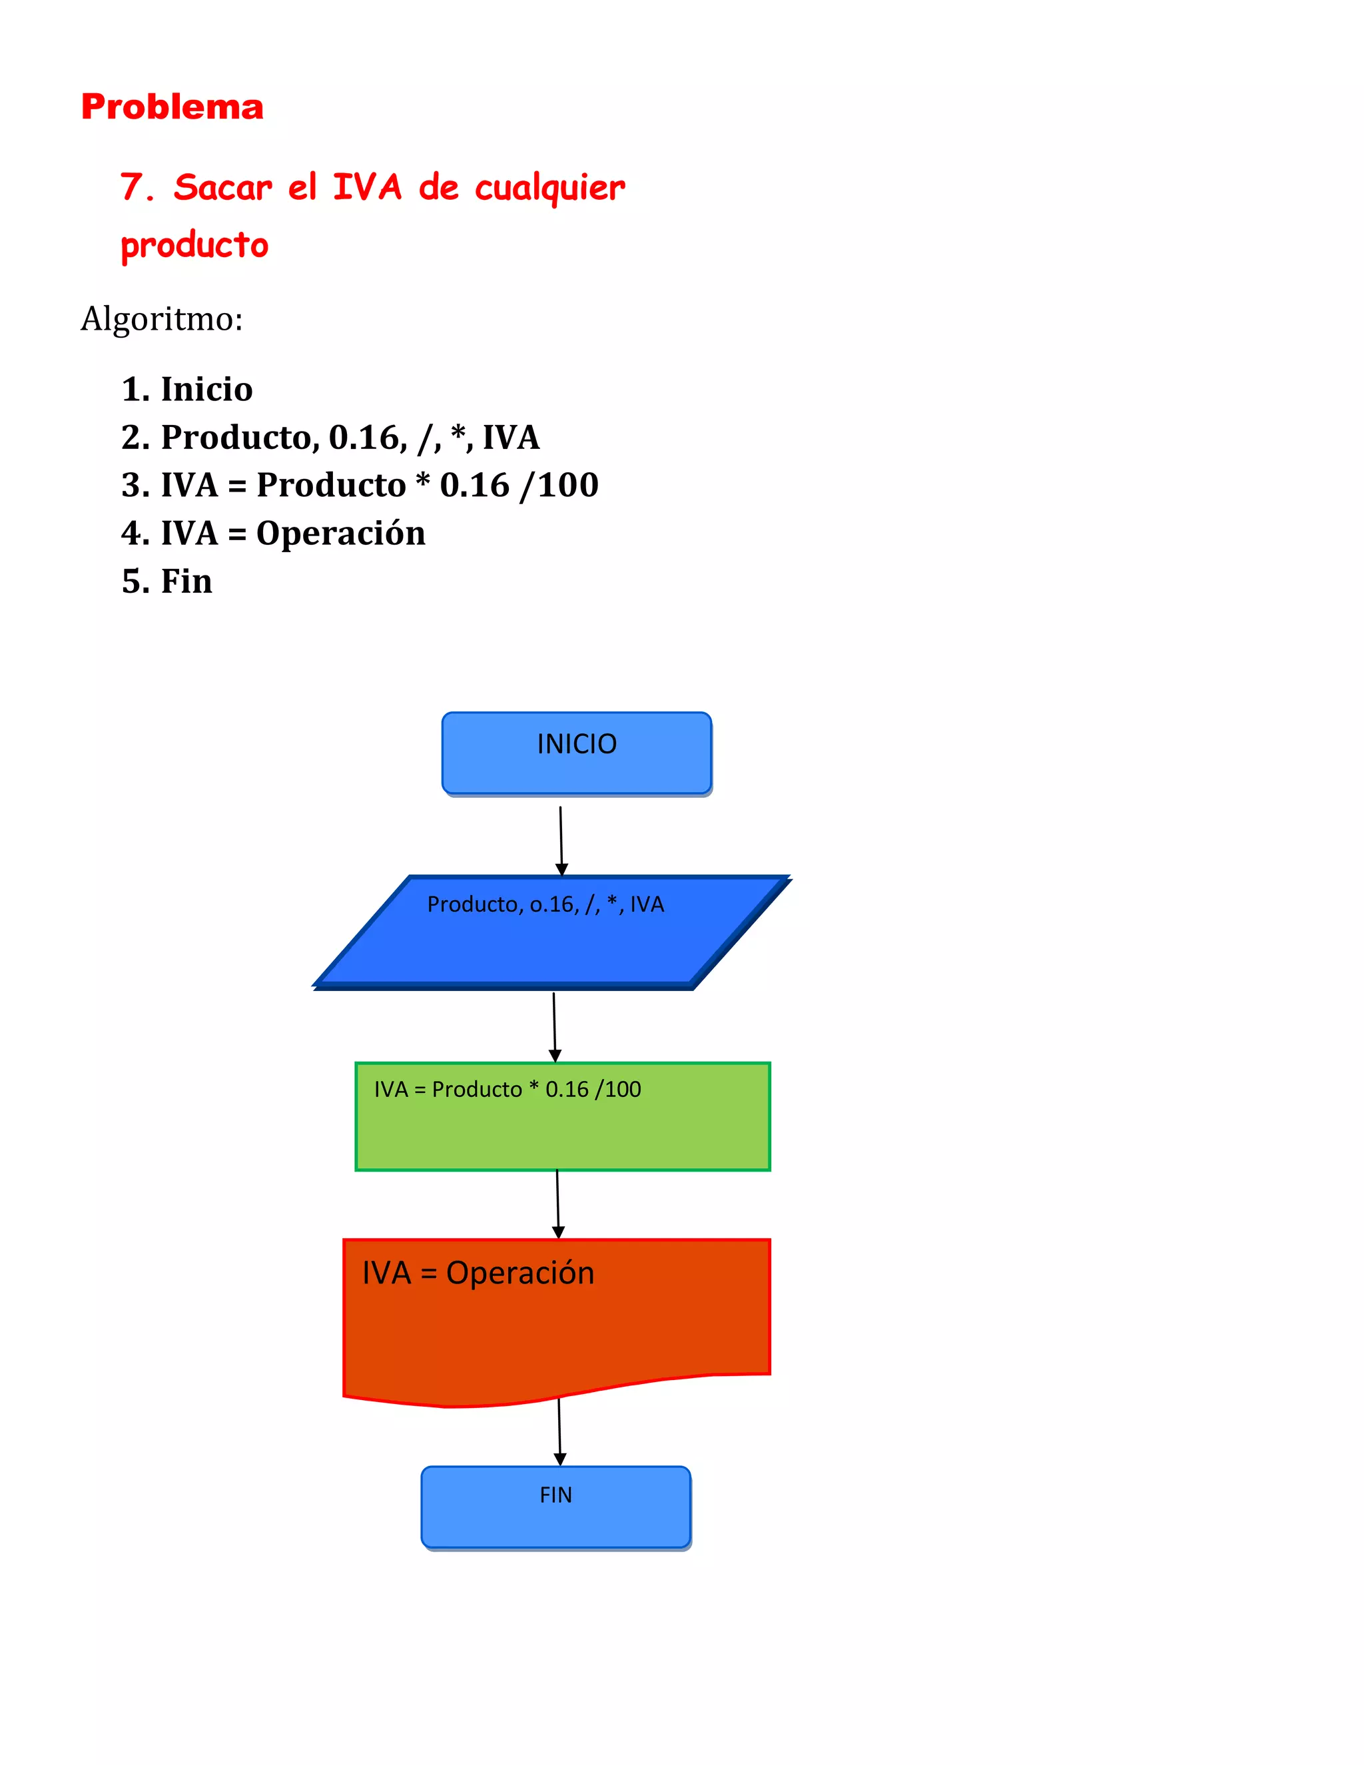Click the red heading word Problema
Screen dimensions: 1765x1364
pos(172,107)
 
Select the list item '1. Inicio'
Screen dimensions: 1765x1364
pos(186,390)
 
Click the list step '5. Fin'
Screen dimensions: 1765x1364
pos(167,582)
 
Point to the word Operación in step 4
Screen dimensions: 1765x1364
pos(340,533)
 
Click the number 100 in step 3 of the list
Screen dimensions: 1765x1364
pos(568,485)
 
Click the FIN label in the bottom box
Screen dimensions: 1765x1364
pos(556,1495)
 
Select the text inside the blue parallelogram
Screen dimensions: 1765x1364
pos(545,904)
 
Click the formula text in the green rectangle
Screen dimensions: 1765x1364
pos(508,1090)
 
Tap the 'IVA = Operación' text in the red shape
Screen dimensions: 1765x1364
pos(478,1273)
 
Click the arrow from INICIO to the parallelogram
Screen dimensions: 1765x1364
pos(561,841)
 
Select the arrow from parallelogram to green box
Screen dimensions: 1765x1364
pos(554,1026)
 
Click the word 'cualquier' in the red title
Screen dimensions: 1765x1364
pos(549,188)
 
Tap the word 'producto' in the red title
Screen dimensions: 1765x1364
pos(194,245)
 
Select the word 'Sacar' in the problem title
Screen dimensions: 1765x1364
pos(223,188)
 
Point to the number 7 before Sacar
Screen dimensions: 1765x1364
pos(132,188)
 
